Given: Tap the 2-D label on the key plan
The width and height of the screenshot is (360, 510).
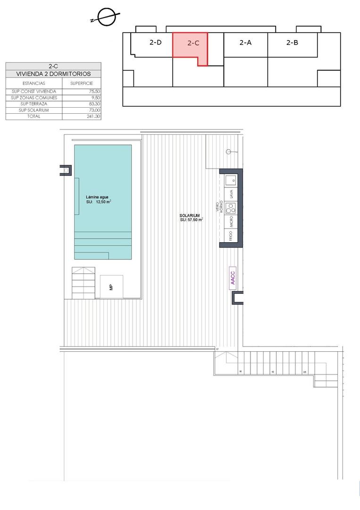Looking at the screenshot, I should tap(156, 42).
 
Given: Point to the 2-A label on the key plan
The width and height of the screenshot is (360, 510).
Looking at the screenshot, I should tap(245, 42).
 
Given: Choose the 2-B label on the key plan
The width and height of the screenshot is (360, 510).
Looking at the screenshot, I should tap(292, 42).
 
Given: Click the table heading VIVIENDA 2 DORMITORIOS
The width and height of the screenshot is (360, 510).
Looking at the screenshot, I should tap(53, 74).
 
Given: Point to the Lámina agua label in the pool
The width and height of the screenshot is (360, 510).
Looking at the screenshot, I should tap(98, 197).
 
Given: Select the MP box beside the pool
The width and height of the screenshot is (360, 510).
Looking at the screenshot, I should tap(111, 287).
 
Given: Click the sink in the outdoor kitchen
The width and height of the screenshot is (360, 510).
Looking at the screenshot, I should tap(232, 180).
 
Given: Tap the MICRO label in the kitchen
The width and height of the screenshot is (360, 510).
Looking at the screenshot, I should tap(231, 222).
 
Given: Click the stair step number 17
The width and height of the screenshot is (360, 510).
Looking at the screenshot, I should tap(218, 349).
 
